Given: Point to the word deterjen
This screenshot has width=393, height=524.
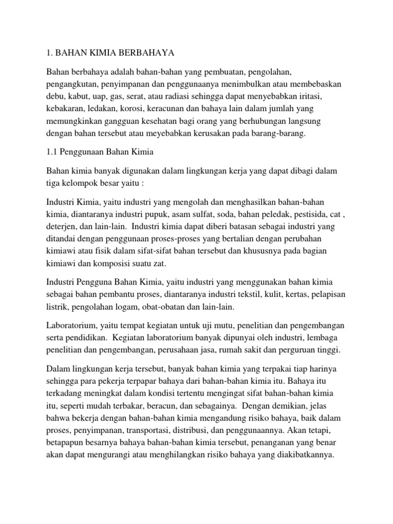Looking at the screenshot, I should tap(62, 227).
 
